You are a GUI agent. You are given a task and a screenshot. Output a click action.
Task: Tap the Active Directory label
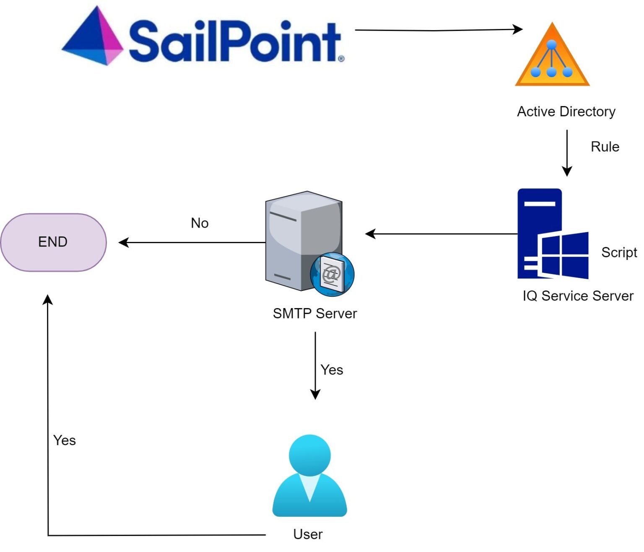566,111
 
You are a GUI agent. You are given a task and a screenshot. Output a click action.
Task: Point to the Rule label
605,147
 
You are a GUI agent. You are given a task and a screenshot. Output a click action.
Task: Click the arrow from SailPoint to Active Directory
436,30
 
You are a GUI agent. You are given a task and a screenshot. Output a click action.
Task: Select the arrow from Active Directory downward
567,153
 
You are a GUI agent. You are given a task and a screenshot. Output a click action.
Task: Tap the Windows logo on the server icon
564,255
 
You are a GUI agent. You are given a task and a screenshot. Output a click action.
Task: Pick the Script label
619,252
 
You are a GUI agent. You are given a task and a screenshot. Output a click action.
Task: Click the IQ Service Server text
578,296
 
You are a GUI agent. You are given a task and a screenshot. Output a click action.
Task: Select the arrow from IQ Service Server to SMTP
440,234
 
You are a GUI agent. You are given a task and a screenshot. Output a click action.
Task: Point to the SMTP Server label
314,314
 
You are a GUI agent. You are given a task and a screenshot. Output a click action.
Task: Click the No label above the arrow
200,223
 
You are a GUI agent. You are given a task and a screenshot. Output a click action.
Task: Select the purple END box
54,242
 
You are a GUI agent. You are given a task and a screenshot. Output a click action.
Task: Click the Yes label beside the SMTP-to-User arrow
332,370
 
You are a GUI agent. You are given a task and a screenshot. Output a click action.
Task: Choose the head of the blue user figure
310,456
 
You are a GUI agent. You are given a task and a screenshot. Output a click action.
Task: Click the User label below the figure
308,534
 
